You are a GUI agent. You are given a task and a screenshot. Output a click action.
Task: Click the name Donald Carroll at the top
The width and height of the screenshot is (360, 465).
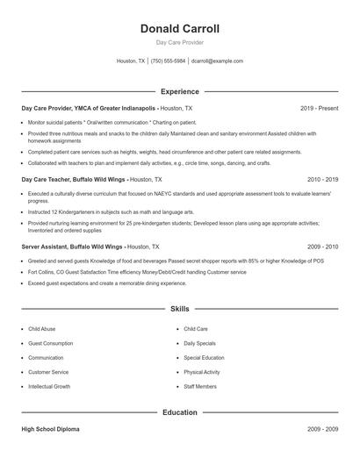coord(179,29)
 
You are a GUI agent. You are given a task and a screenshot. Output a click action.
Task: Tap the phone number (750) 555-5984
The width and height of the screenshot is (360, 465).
coord(168,61)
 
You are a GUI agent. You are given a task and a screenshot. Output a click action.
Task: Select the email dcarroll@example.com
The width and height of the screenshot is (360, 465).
coord(217,61)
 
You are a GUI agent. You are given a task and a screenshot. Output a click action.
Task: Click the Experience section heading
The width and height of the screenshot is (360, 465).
coord(179,91)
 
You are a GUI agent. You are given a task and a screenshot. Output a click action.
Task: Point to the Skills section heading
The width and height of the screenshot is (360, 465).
coord(179,309)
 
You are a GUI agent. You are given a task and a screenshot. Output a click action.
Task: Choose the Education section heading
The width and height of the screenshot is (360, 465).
coord(179,411)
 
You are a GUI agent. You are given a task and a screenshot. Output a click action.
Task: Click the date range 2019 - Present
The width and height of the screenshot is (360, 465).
coord(319,108)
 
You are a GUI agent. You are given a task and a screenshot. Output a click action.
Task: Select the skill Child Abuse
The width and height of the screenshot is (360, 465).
coord(41,329)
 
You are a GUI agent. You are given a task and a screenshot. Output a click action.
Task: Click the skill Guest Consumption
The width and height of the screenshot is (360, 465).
coord(50,343)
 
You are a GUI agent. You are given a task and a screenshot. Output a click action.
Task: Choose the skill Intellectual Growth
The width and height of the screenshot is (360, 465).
coord(49,386)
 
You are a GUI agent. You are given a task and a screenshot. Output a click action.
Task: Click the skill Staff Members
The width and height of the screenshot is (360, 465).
coord(200,386)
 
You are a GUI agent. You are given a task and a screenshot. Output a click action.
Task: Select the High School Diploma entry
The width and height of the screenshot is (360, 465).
coord(50,429)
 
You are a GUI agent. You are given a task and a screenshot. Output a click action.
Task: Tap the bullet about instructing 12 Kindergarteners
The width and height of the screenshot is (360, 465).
coord(111,211)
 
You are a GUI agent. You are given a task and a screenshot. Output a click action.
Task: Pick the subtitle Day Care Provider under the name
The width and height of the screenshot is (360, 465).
coord(179,42)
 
